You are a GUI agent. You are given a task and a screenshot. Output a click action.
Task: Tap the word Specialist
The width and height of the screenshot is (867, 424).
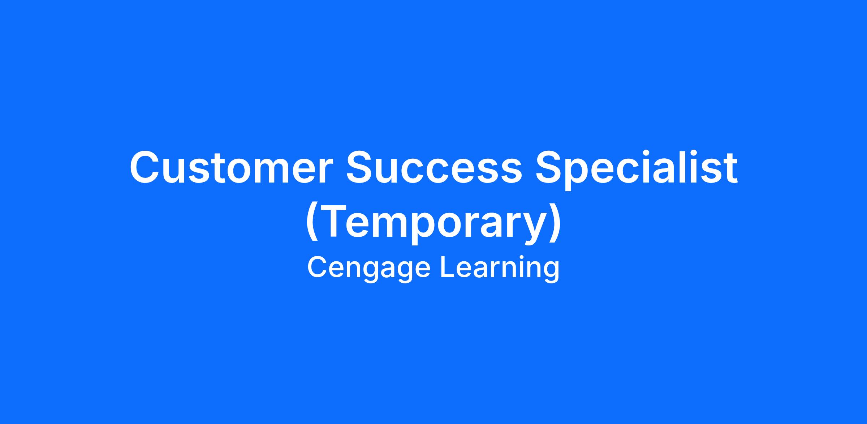pyautogui.click(x=637, y=170)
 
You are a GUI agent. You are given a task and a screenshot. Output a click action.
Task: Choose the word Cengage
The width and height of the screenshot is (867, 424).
pyautogui.click(x=369, y=268)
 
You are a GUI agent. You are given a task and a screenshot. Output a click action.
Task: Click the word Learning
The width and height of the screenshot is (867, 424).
pyautogui.click(x=500, y=268)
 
